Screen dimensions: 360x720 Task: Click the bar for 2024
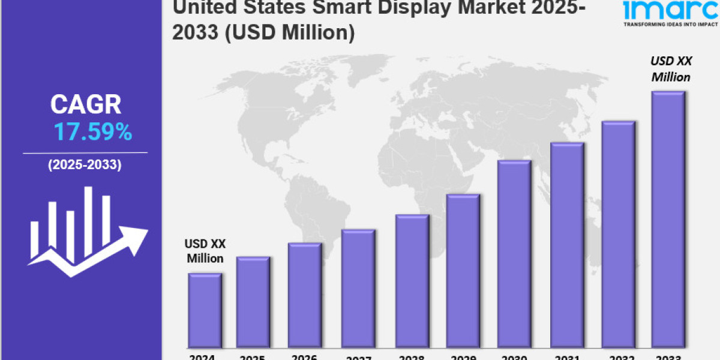point(205,311)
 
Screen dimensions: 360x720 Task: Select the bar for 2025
point(253,302)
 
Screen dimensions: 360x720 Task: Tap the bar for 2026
point(305,295)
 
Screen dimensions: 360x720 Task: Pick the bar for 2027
point(358,289)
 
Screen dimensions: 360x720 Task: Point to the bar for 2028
point(412,281)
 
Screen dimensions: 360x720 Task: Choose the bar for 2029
point(463,271)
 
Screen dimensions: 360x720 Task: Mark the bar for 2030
point(514,254)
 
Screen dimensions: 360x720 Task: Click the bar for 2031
point(567,245)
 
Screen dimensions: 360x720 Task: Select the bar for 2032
point(618,235)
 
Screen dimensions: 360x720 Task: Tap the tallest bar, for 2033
point(668,220)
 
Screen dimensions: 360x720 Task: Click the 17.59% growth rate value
point(93,132)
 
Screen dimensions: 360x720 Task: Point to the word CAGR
point(86,105)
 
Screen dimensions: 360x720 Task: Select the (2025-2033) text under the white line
point(85,164)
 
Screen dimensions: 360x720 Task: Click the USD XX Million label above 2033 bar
point(671,69)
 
